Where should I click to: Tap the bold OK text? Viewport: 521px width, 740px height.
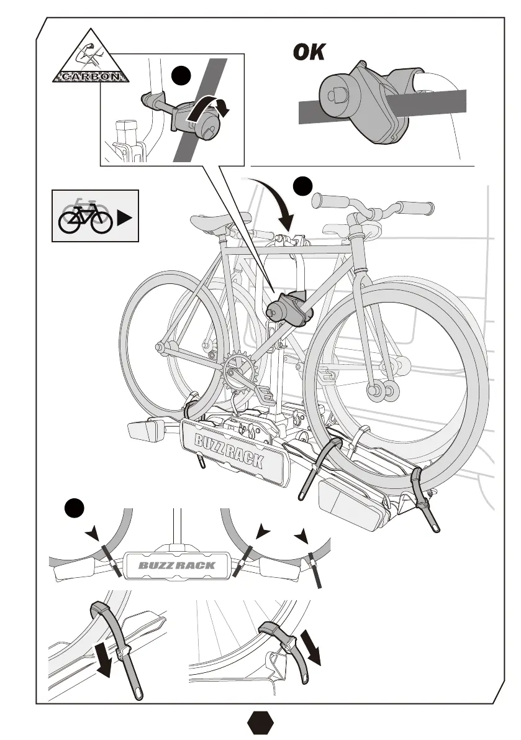pyautogui.click(x=309, y=53)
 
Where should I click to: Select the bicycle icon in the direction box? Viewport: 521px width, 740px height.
pyautogui.click(x=85, y=216)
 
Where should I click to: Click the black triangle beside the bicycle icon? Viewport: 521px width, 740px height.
pyautogui.click(x=124, y=219)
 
